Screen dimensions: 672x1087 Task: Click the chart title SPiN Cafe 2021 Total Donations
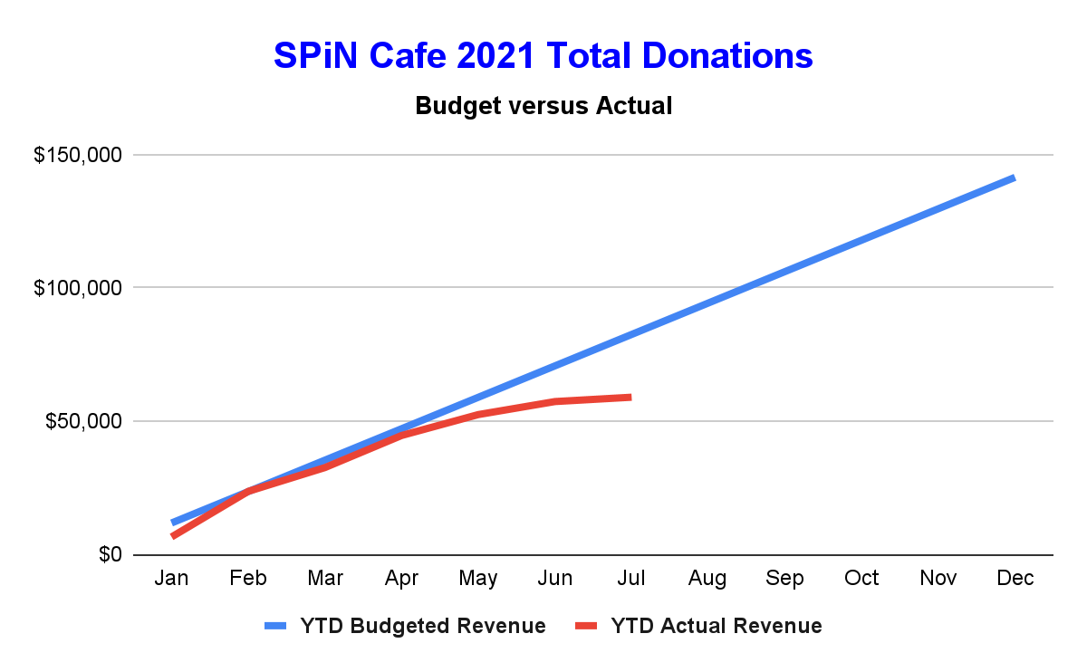pyautogui.click(x=543, y=56)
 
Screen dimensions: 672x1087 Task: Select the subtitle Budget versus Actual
pyautogui.click(x=543, y=106)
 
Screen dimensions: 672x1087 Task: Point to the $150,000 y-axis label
pyautogui.click(x=77, y=156)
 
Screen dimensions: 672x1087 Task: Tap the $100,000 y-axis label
pyautogui.click(x=77, y=289)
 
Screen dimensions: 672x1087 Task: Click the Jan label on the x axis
pyautogui.click(x=171, y=579)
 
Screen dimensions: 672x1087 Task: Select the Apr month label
pyautogui.click(x=401, y=579)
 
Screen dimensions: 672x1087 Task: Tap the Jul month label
pyautogui.click(x=630, y=579)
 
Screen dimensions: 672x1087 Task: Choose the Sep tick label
pyautogui.click(x=784, y=579)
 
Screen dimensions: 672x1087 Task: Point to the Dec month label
pyautogui.click(x=1015, y=579)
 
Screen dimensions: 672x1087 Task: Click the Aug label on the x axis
pyautogui.click(x=707, y=579)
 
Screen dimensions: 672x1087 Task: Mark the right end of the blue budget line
pyautogui.click(x=1014, y=178)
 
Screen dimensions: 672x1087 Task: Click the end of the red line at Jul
pyautogui.click(x=630, y=398)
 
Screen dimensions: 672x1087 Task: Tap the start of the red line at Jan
pyautogui.click(x=172, y=536)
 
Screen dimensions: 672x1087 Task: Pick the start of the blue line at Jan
pyautogui.click(x=172, y=523)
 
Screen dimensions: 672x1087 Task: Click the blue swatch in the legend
pyautogui.click(x=274, y=626)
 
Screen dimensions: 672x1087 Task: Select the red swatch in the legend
pyautogui.click(x=586, y=626)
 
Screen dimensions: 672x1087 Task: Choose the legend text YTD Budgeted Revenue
pyautogui.click(x=422, y=626)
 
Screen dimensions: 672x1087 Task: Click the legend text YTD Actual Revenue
pyautogui.click(x=717, y=626)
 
